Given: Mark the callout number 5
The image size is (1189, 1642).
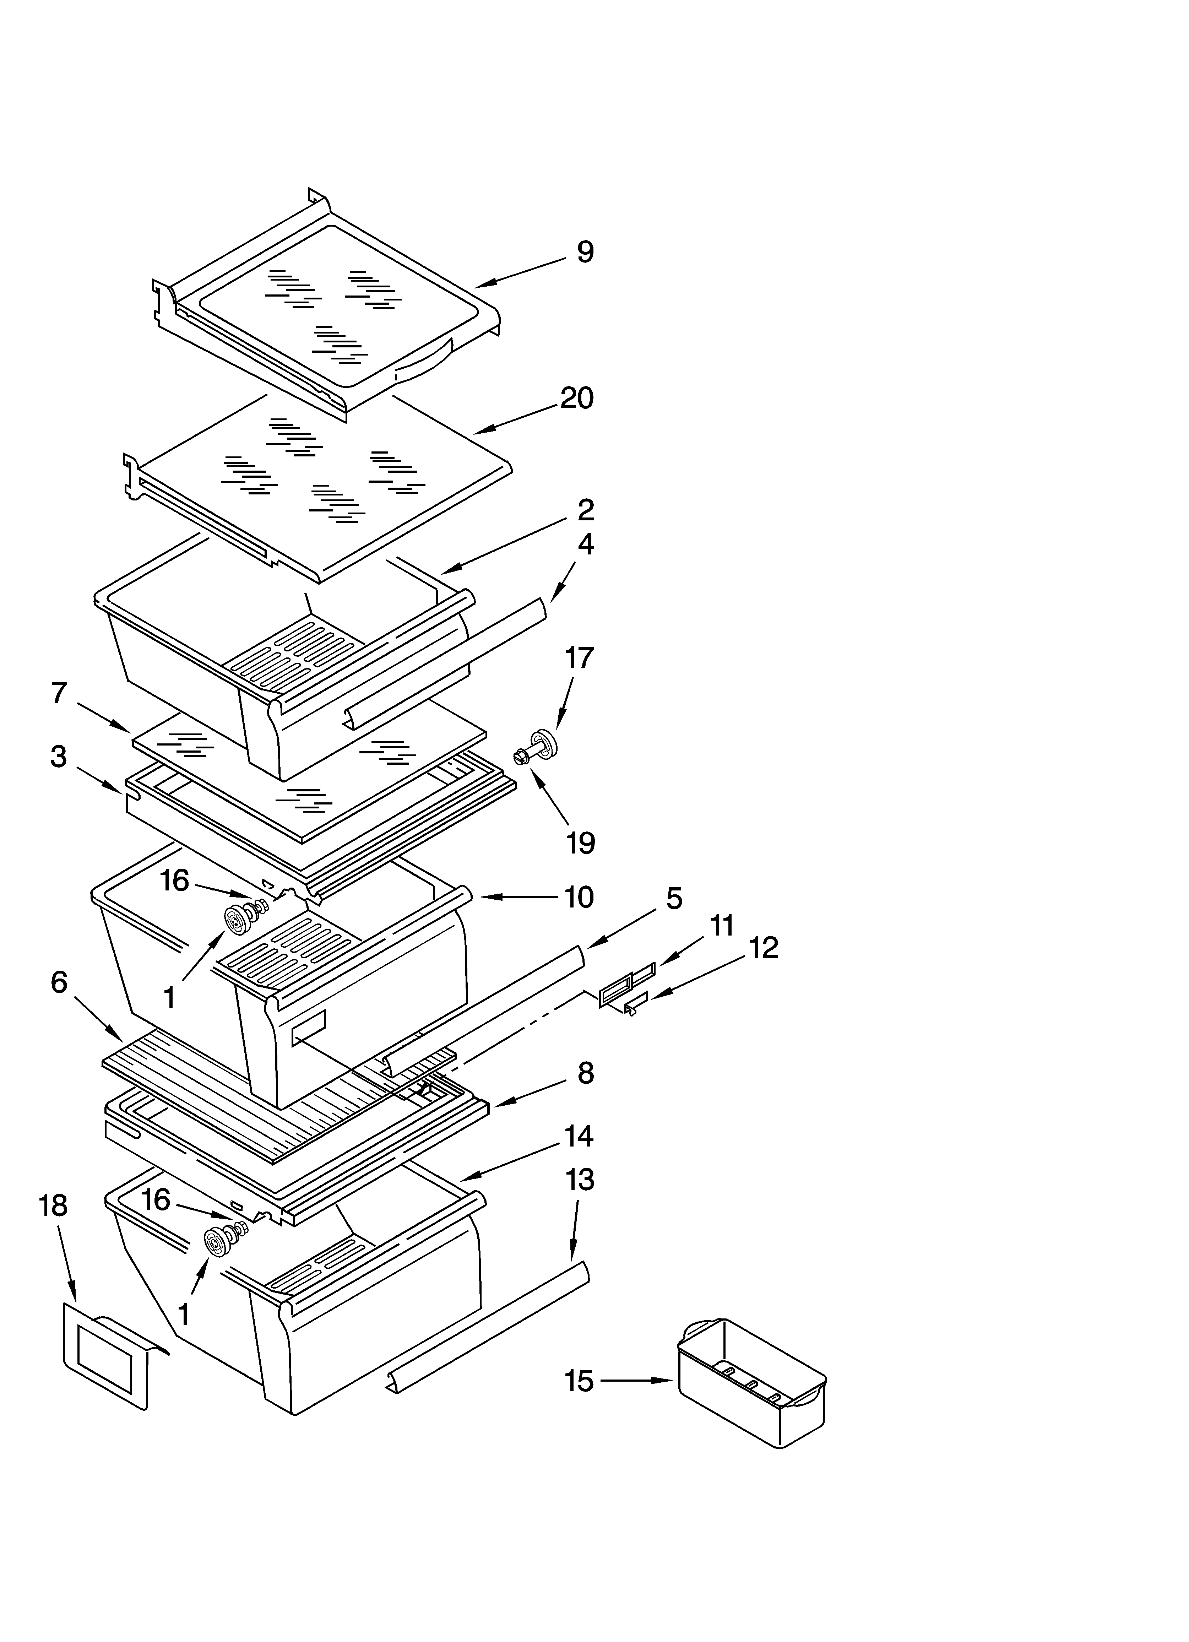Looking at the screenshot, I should tap(673, 899).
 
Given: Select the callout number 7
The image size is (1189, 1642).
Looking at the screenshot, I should tap(59, 694).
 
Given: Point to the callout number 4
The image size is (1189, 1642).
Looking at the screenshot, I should tap(585, 544).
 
